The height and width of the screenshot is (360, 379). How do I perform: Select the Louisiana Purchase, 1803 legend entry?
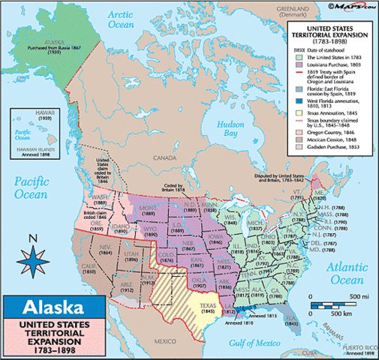pyautogui.click(x=332, y=66)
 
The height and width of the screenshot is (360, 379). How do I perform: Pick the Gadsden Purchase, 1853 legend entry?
pyautogui.click(x=333, y=145)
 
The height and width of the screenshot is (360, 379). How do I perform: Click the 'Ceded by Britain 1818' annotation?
pyautogui.click(x=194, y=190)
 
